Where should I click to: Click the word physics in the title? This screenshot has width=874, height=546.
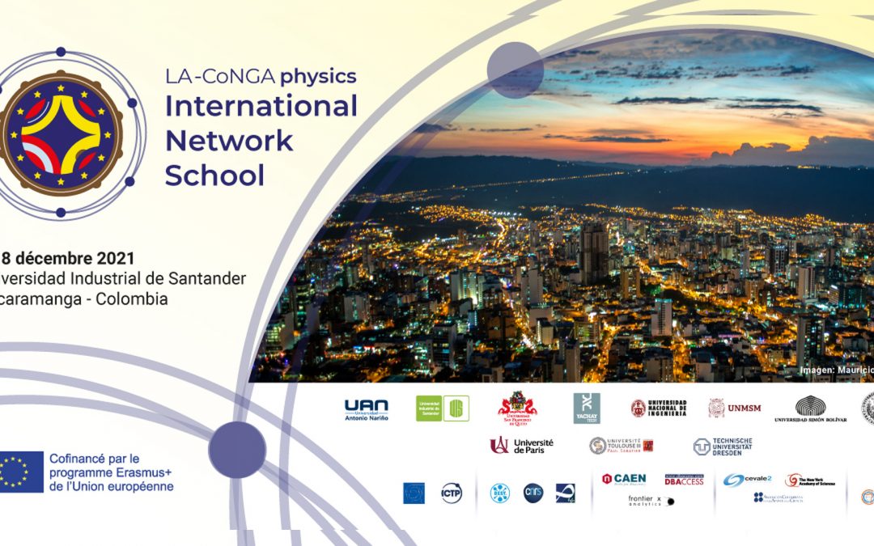(318, 77)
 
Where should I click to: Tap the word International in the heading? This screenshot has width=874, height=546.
(261, 106)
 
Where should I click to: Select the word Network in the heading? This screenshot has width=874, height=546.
(229, 140)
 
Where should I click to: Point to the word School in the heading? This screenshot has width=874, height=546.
(214, 175)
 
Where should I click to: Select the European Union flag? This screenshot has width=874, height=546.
(21, 472)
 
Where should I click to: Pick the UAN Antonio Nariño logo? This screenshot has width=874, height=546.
(366, 409)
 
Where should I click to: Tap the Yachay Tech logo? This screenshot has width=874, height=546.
(587, 408)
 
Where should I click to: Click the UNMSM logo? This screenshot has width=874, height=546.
(735, 408)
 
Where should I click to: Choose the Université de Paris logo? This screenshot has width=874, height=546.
(521, 445)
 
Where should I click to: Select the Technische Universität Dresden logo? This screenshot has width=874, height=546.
(723, 447)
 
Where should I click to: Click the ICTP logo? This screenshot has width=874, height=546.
(452, 493)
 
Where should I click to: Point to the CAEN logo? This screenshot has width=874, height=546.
(623, 479)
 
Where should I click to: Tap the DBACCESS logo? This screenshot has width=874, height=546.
(684, 480)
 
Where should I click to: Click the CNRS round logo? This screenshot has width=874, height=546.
(533, 493)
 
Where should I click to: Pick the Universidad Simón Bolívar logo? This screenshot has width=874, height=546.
(811, 409)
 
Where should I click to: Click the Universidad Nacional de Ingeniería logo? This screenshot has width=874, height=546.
(659, 408)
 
